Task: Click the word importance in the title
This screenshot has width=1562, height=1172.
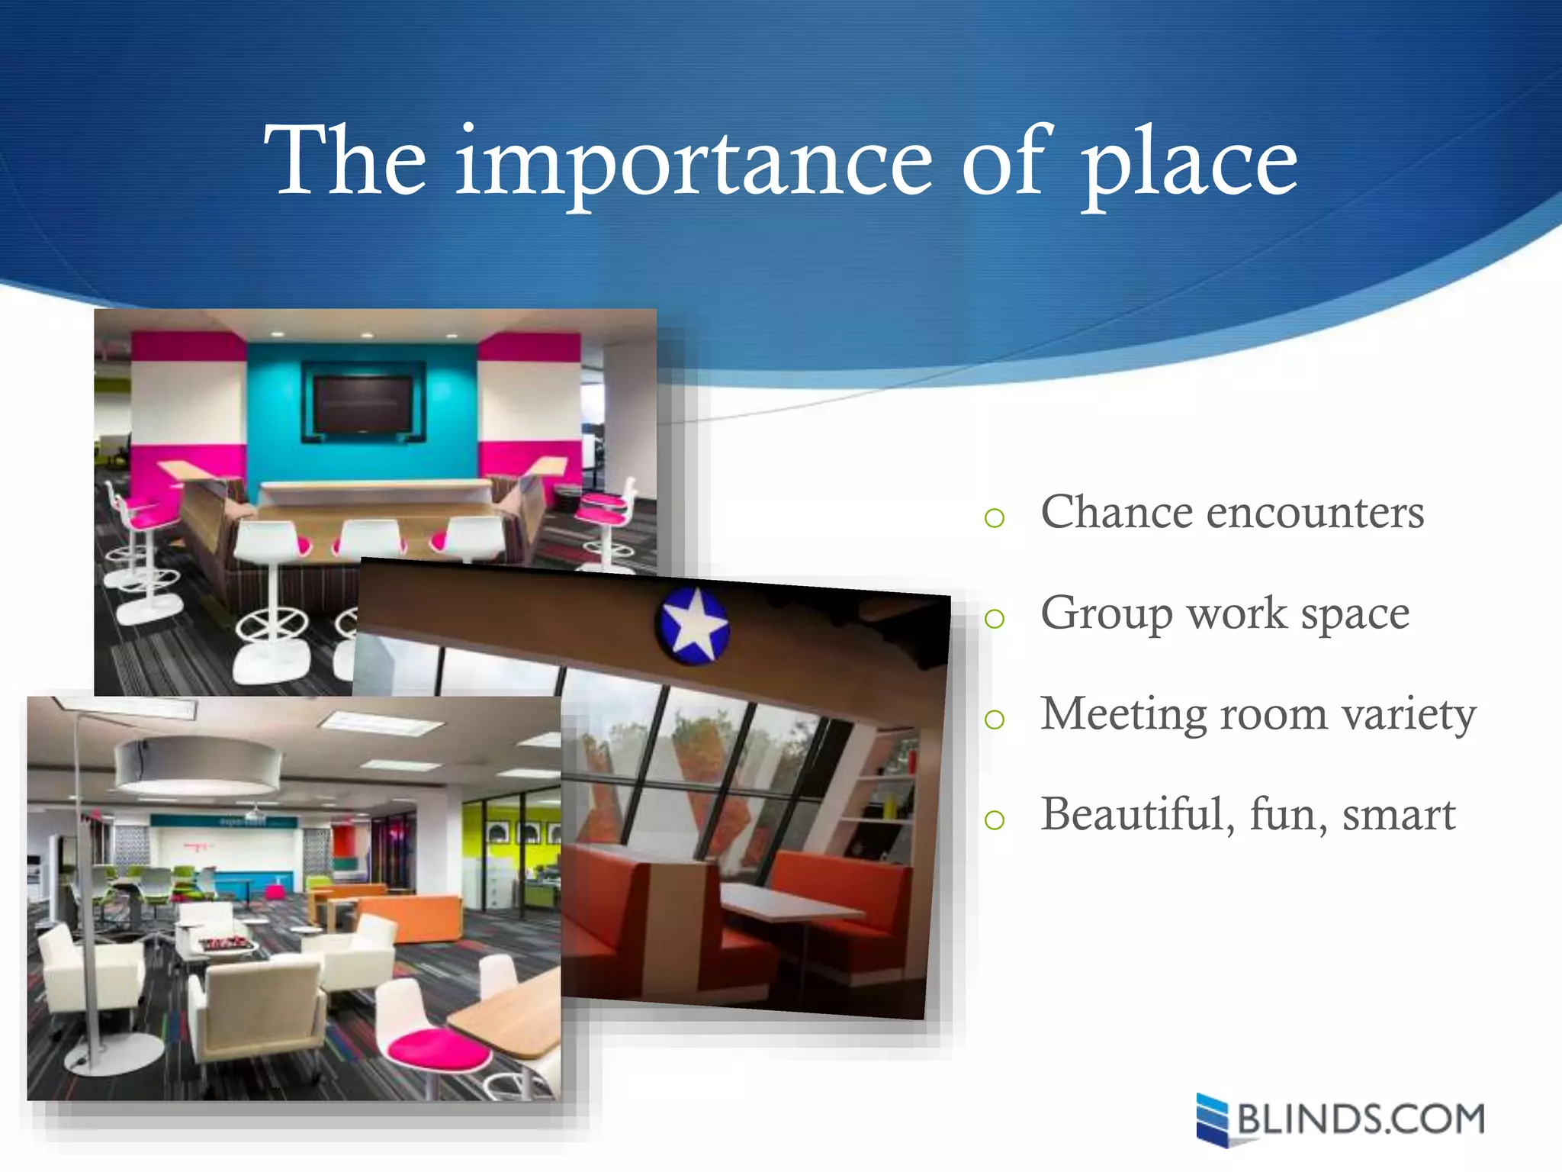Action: [x=693, y=162]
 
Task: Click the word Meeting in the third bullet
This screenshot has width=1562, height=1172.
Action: [x=1123, y=715]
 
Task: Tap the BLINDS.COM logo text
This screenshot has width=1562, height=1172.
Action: [x=1361, y=1119]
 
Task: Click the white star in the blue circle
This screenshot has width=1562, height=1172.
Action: [x=693, y=625]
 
